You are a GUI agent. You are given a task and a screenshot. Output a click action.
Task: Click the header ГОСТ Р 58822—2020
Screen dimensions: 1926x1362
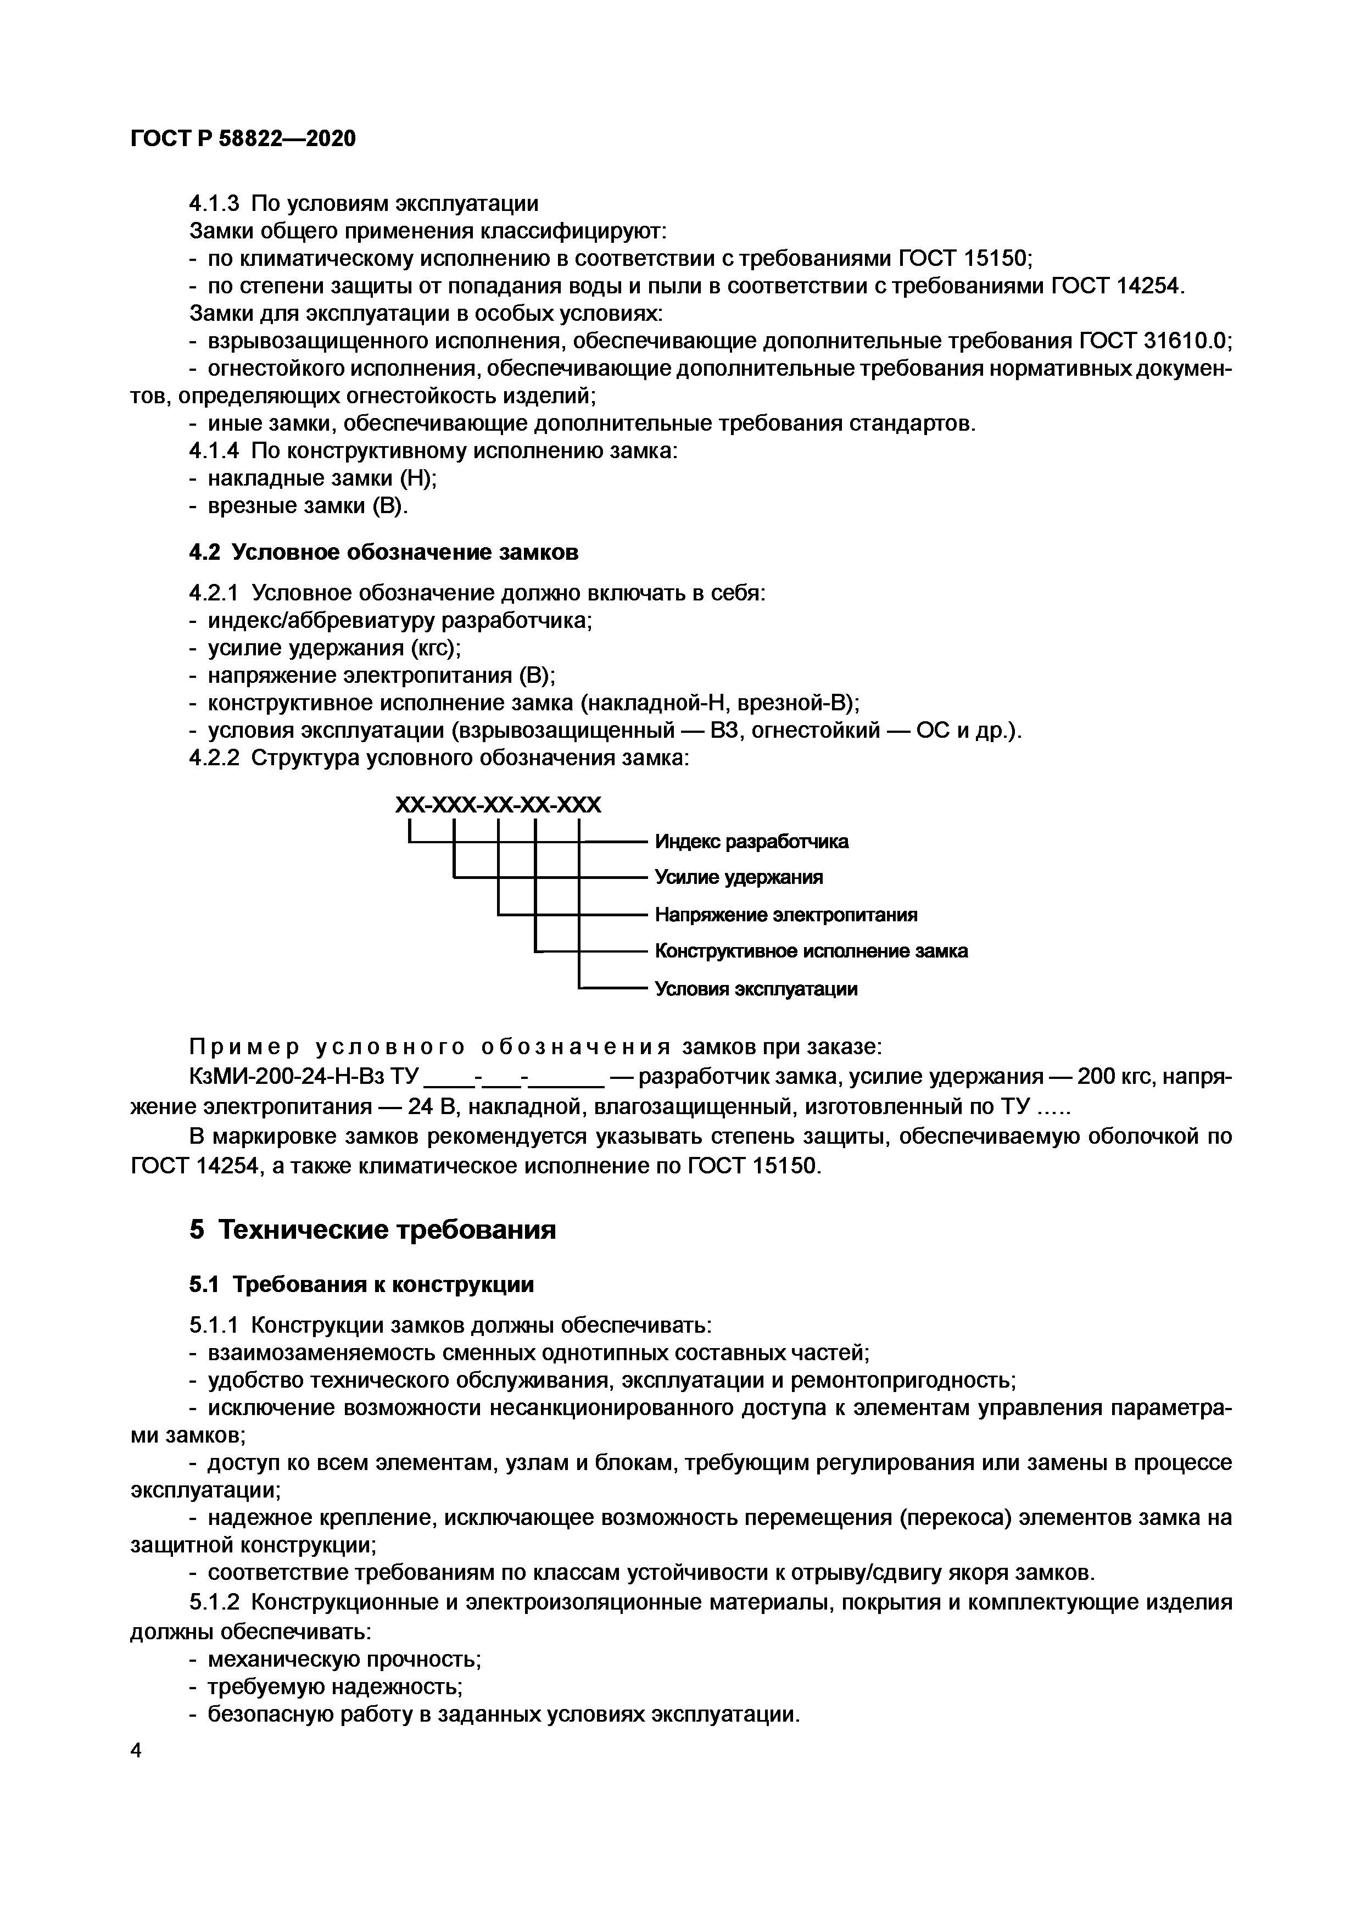[243, 138]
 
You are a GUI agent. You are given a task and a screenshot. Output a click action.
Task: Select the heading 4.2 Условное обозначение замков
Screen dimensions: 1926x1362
[383, 553]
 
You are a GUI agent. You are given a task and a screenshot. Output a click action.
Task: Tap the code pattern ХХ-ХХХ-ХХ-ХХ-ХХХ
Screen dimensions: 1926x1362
[498, 806]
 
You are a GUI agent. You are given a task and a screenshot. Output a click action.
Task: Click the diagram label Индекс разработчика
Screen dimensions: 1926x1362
[751, 842]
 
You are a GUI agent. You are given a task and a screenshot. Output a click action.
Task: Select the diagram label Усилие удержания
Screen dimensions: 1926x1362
[739, 877]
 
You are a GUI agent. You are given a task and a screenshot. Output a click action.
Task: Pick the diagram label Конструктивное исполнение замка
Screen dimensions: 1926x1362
[811, 951]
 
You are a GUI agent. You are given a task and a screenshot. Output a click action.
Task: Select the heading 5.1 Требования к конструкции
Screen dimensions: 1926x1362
[361, 1285]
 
